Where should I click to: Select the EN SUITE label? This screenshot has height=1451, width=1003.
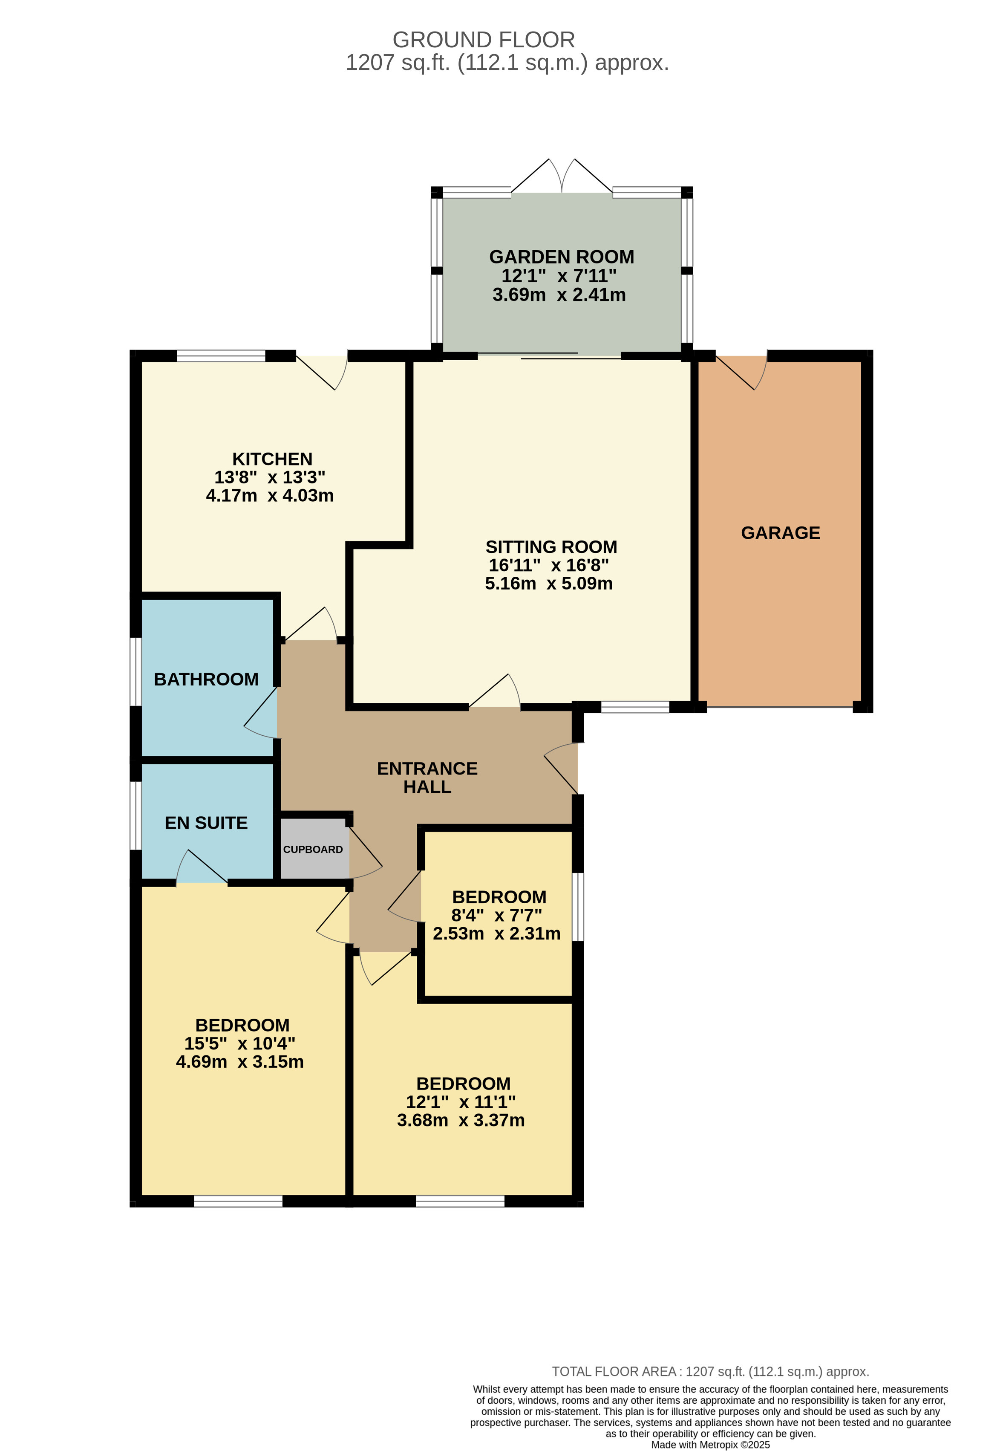(206, 823)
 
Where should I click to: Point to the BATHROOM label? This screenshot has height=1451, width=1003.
(206, 679)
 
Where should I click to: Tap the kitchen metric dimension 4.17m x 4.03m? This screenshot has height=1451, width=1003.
(270, 495)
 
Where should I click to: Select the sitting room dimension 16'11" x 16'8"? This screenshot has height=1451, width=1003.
(549, 565)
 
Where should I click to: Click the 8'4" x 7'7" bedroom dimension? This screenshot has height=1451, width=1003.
(496, 915)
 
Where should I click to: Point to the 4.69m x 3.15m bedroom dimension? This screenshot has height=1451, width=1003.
(239, 1062)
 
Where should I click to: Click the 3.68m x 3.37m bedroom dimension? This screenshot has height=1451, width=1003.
(461, 1120)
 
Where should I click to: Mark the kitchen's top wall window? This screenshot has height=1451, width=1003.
(221, 356)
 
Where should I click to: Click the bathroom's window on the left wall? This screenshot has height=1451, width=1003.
(135, 671)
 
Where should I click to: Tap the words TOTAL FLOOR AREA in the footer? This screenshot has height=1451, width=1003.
(614, 1372)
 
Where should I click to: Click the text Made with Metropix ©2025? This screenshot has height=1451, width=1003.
(710, 1445)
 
